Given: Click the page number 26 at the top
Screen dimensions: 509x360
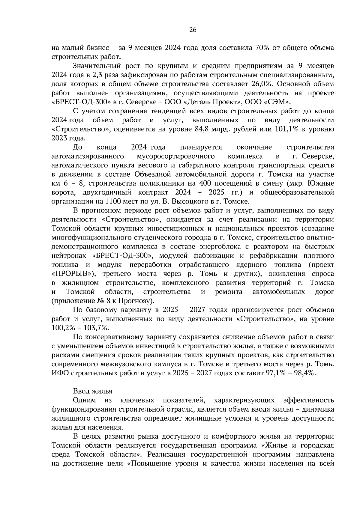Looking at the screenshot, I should [x=193, y=30].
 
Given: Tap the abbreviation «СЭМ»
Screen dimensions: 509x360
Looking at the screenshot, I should [x=277, y=102].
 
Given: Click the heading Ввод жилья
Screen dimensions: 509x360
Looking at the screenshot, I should [x=93, y=391].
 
